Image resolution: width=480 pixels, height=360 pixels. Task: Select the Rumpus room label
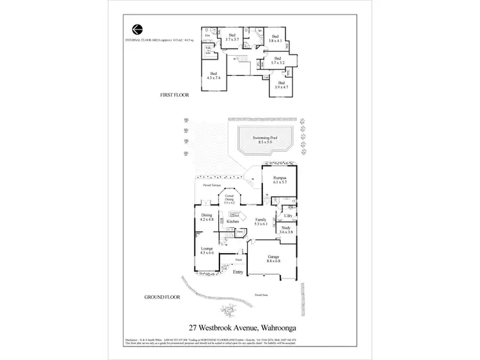279,179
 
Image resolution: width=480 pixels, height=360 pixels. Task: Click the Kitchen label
232,222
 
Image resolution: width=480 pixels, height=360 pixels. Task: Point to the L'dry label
287,216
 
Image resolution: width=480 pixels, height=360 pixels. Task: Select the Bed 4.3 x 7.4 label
214,75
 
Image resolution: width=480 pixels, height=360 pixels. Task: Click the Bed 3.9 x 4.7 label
282,85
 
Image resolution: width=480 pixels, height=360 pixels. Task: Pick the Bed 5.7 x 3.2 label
277,62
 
